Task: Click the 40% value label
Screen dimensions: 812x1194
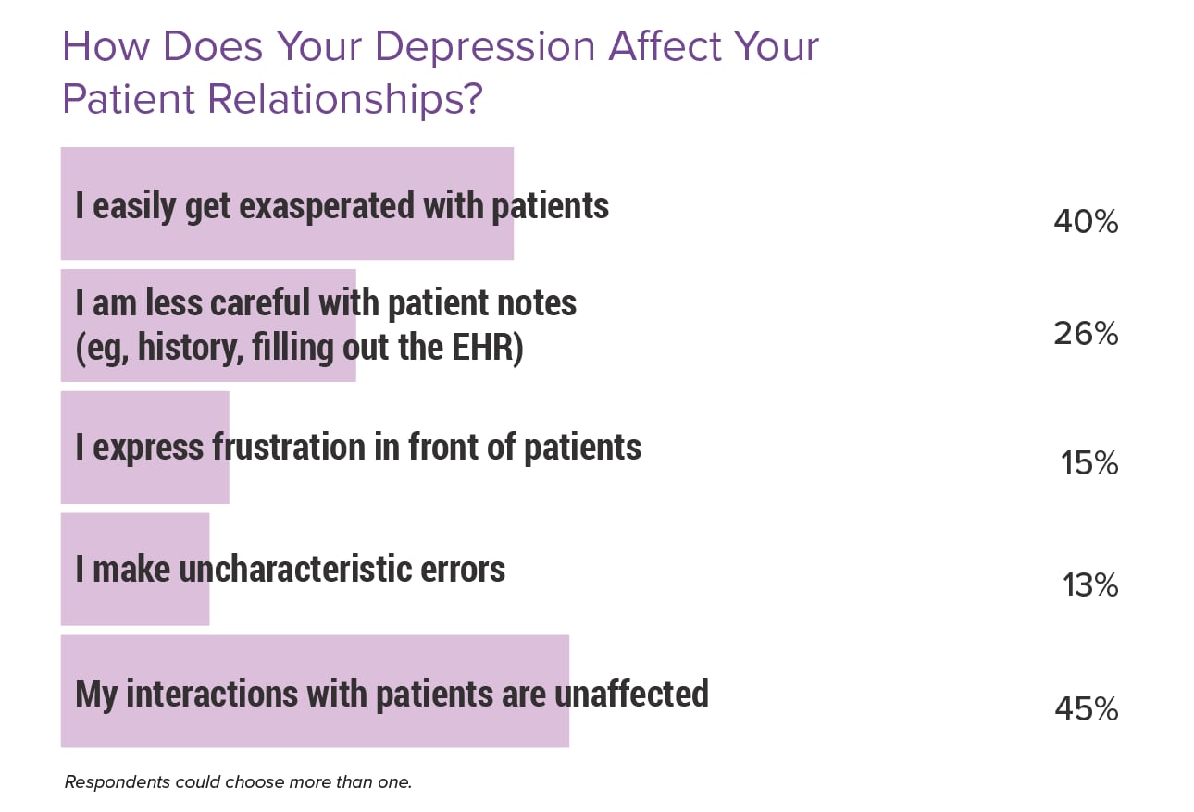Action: pyautogui.click(x=1086, y=223)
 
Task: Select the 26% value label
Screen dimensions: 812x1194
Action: pyautogui.click(x=1086, y=334)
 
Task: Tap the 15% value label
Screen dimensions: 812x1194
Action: pyautogui.click(x=1089, y=463)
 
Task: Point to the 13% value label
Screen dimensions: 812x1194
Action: pyautogui.click(x=1090, y=585)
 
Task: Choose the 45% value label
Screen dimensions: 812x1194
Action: pyautogui.click(x=1086, y=709)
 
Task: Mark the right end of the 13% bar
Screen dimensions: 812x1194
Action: pyautogui.click(x=209, y=570)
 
